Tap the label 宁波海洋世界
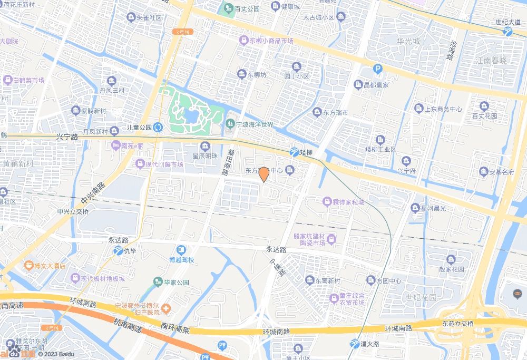[256, 124]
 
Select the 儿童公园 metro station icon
[159, 127]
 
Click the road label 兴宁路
[66, 137]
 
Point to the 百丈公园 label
[247, 9]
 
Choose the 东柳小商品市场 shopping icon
[244, 40]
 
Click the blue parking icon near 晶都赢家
[377, 69]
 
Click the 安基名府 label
[501, 172]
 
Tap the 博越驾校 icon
[181, 249]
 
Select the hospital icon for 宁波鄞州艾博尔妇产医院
[166, 307]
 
